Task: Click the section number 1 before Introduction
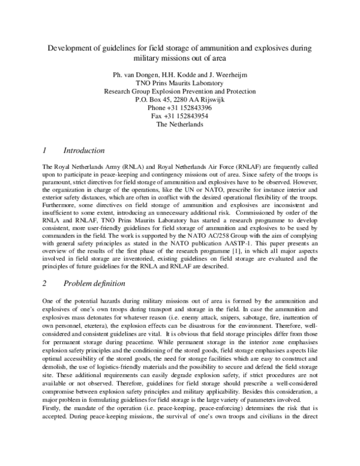pyautogui.click(x=46, y=150)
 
